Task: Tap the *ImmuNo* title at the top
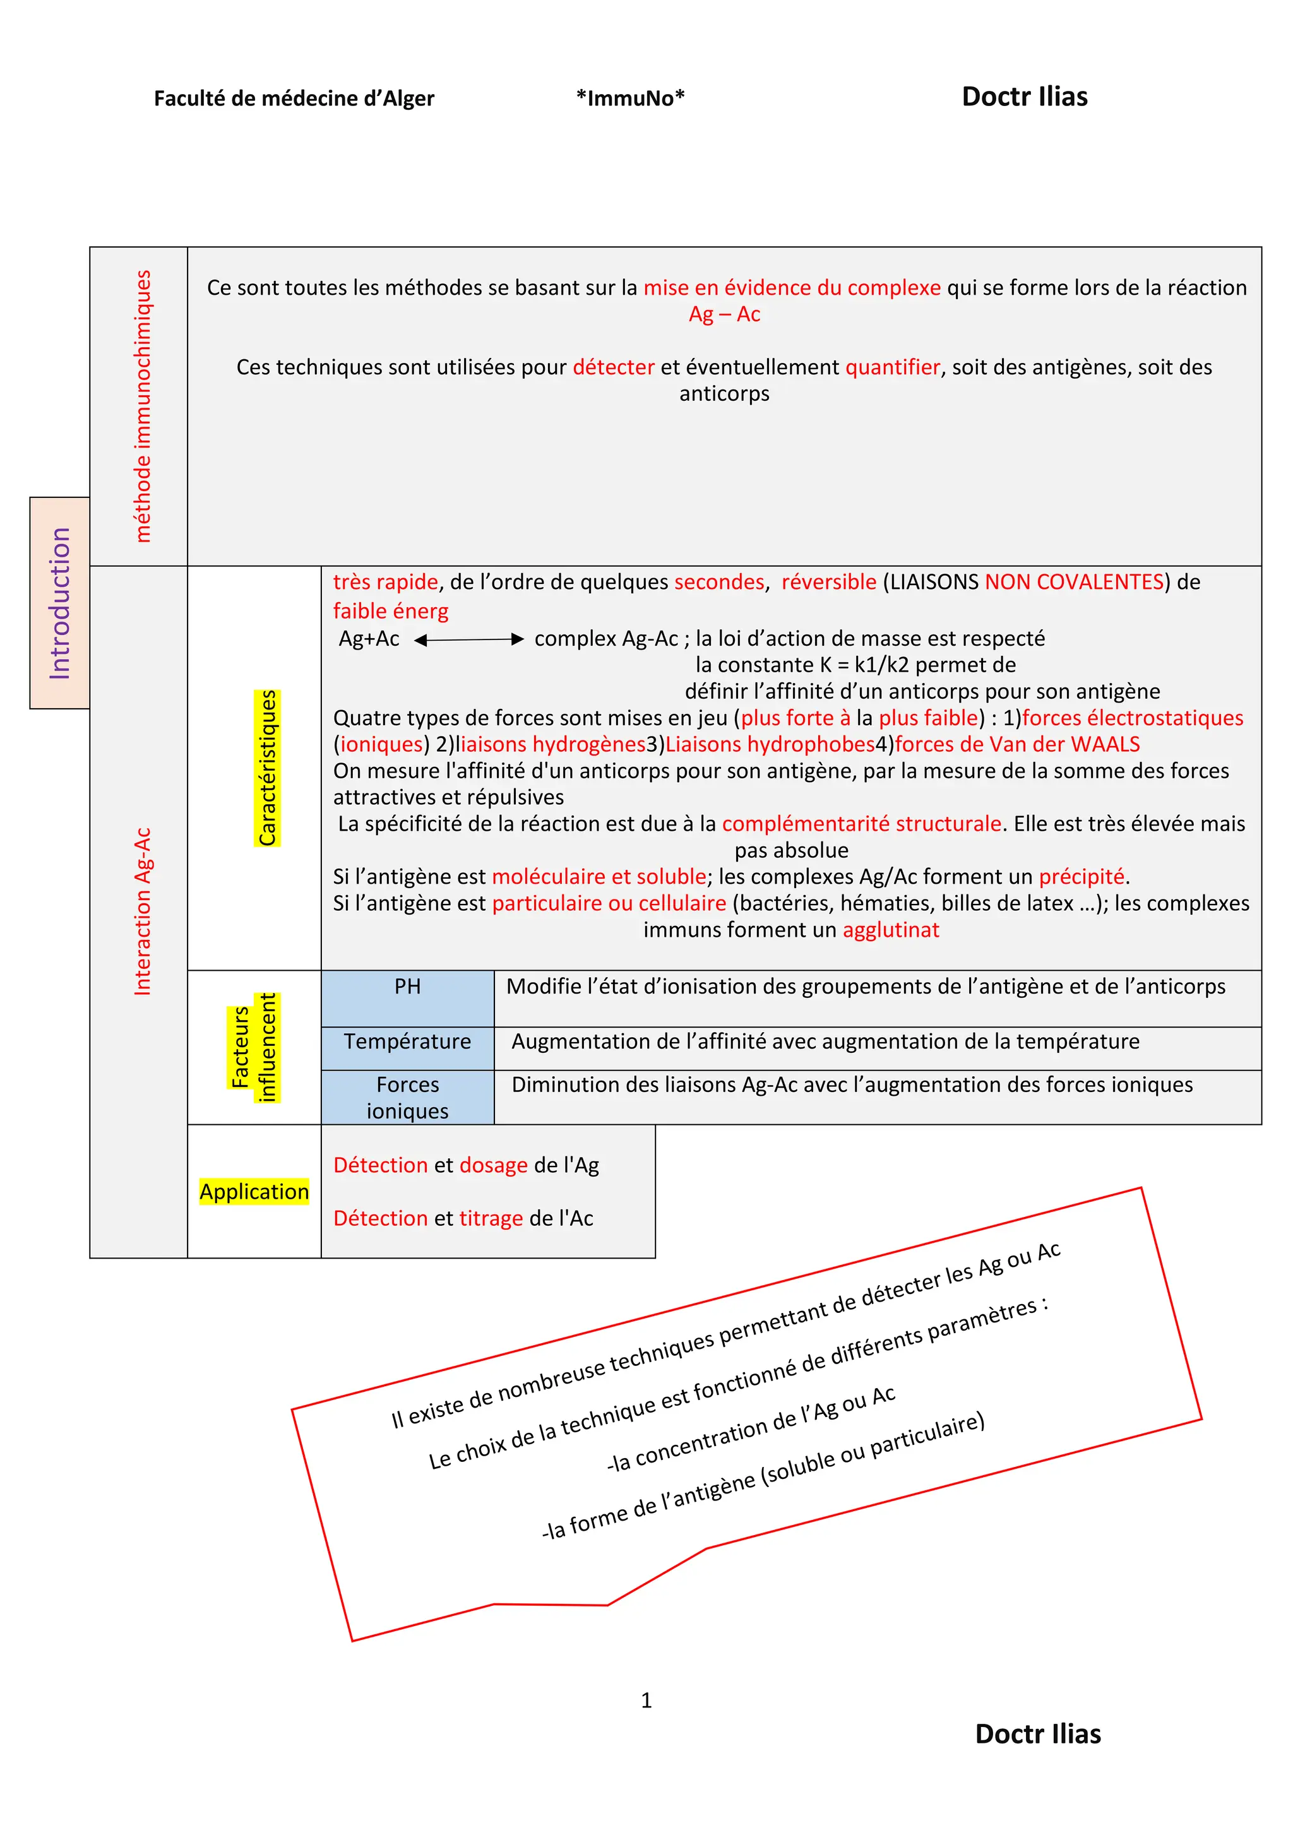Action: (630, 98)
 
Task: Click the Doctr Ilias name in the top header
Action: (1024, 97)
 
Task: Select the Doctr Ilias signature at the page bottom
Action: (1037, 1733)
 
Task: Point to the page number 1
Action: (646, 1700)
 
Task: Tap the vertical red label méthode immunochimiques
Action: (141, 406)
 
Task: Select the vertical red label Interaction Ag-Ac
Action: (141, 911)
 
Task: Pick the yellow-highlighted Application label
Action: (254, 1191)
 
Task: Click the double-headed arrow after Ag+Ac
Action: (469, 639)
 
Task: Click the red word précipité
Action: (1081, 877)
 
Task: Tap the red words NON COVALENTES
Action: (1074, 582)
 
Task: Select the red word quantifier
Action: (891, 367)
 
